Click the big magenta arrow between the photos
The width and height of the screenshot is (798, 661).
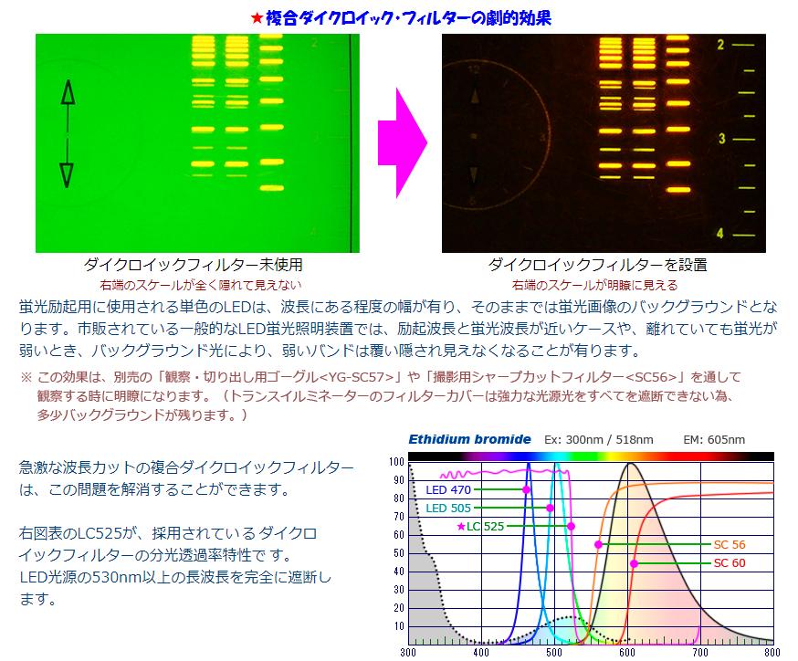pos(402,143)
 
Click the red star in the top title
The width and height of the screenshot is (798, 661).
pos(257,19)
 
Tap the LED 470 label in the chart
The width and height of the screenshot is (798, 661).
pos(448,489)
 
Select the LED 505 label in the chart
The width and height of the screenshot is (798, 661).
pos(448,508)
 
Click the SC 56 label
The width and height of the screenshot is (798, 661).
pos(730,544)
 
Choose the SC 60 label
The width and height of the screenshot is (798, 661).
pos(730,562)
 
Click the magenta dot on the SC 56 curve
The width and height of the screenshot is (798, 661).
pos(599,544)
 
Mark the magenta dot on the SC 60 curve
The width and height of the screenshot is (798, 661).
pos(634,563)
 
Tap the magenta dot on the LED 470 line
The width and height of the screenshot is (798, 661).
pos(526,489)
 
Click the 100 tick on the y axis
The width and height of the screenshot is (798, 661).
pos(396,462)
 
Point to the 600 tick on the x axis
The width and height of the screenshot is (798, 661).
pos(627,653)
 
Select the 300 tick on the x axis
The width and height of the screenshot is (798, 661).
pos(408,653)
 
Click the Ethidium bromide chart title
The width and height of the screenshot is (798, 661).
pos(469,439)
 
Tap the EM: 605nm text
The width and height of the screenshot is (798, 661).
pos(714,440)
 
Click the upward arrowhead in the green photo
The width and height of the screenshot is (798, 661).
pos(68,92)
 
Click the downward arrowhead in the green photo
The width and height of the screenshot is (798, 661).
pos(67,175)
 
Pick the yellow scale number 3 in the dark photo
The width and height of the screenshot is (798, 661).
pos(721,139)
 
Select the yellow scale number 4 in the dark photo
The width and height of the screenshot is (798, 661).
pos(720,233)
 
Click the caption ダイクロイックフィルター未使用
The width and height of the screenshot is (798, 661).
pos(194,265)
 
